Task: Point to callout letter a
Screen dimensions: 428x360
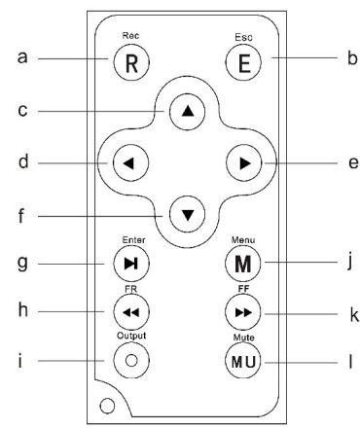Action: (x=21, y=59)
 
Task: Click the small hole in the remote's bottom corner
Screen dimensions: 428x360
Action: (x=106, y=403)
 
